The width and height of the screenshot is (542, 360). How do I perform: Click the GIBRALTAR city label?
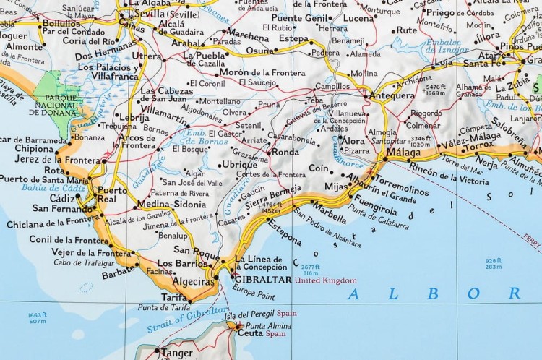(x=261, y=280)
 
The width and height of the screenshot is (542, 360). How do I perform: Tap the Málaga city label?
(x=403, y=153)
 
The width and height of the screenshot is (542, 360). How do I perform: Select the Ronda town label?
(x=285, y=153)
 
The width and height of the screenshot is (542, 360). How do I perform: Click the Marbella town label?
(x=328, y=215)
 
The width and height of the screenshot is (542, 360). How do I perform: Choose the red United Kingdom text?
(x=325, y=280)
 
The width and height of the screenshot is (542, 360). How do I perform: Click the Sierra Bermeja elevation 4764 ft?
(x=272, y=205)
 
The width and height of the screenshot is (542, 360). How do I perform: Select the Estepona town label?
(x=284, y=233)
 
